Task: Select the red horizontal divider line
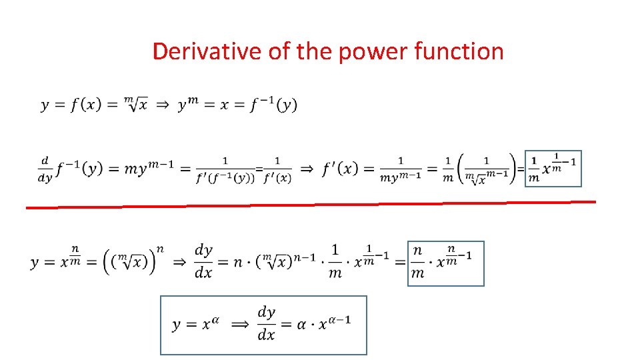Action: pos(311,205)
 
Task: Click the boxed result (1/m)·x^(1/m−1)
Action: pos(553,169)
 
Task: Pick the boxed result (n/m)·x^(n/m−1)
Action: pos(445,263)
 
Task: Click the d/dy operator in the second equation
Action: pos(45,169)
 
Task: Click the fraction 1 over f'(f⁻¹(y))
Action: pos(225,169)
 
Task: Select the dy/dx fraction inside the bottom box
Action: pos(267,323)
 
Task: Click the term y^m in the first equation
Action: pos(189,105)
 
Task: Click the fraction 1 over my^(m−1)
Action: pos(401,169)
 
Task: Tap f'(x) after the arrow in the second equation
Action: pos(339,169)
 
